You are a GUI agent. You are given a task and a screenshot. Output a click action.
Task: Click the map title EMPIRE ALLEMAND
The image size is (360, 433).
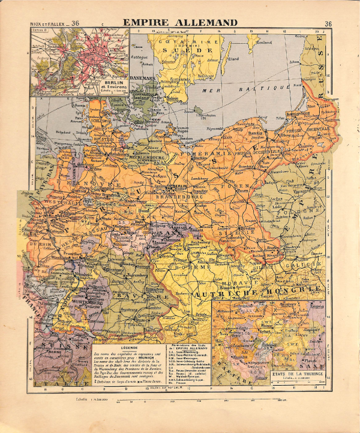[180, 23]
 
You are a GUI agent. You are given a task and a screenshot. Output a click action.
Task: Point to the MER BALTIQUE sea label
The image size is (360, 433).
[243, 88]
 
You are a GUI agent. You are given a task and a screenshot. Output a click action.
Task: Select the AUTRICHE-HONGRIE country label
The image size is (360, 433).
[258, 288]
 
